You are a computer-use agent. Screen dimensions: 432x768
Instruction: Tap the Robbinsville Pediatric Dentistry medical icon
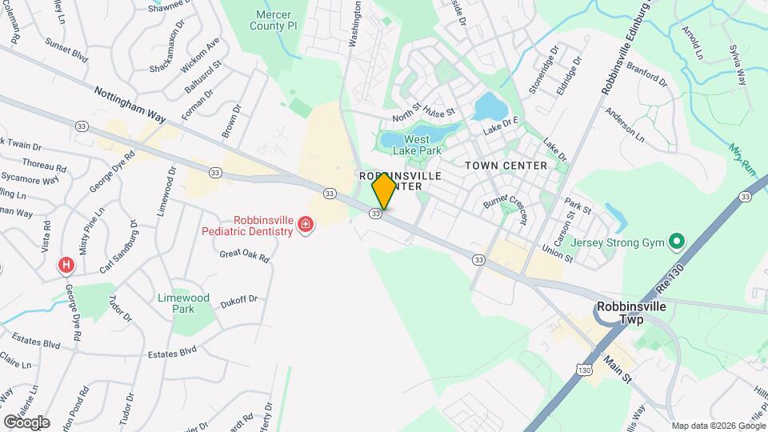[x=305, y=226]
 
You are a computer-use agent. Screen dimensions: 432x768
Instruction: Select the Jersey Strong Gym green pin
[x=676, y=241]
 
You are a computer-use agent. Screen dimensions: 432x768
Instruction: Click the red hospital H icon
[x=66, y=264]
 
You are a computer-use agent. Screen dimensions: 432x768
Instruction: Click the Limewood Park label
[x=183, y=303]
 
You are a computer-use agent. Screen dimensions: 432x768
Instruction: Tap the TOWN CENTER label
[x=506, y=166]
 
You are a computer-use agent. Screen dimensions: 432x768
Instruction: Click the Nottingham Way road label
[x=130, y=105]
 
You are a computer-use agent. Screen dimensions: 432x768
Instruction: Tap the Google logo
[x=26, y=422]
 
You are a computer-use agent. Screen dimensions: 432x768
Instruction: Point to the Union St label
[x=557, y=252]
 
